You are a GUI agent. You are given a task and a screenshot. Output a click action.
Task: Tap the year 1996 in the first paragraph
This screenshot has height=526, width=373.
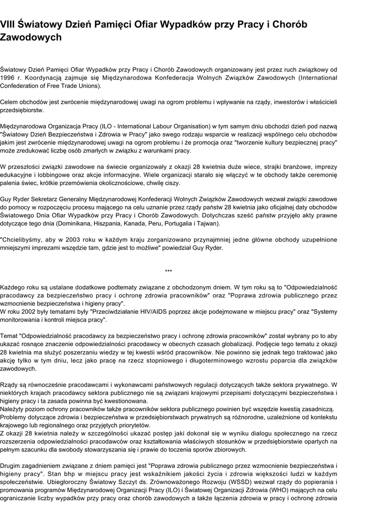click(7, 78)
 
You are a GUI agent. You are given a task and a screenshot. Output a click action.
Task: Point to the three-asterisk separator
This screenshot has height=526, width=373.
click(168, 271)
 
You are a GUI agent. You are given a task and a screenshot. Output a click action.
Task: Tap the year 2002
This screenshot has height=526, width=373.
click(25, 311)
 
